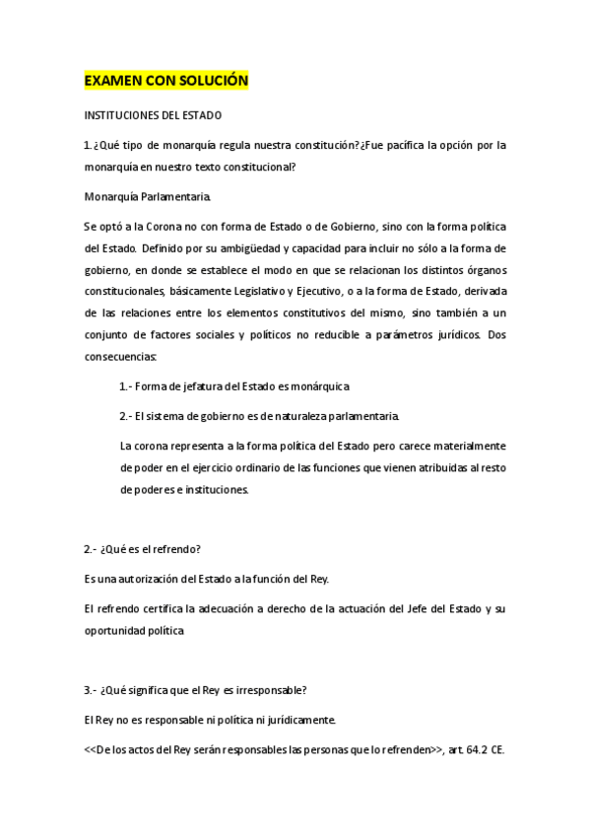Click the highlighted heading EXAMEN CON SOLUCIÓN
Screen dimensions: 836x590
tap(165, 80)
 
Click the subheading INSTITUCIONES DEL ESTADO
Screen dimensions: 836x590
tap(153, 115)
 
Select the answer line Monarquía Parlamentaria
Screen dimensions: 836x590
tap(147, 196)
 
